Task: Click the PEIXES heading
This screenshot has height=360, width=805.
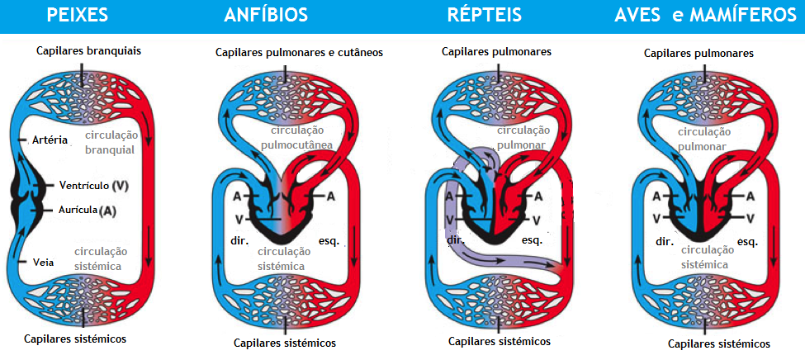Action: [x=78, y=15]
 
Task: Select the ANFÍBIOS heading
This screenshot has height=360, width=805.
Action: [x=266, y=15]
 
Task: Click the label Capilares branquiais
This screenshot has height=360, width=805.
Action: [x=88, y=50]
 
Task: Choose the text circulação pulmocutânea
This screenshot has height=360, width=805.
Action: [x=296, y=137]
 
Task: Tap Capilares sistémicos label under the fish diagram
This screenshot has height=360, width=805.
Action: [x=75, y=339]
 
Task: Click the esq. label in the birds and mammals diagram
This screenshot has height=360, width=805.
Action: [x=747, y=242]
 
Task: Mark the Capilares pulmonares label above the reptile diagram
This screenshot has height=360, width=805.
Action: [x=496, y=51]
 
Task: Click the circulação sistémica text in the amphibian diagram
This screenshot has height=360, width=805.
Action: [x=283, y=258]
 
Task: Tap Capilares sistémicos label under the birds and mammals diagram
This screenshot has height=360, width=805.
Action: [x=718, y=343]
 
